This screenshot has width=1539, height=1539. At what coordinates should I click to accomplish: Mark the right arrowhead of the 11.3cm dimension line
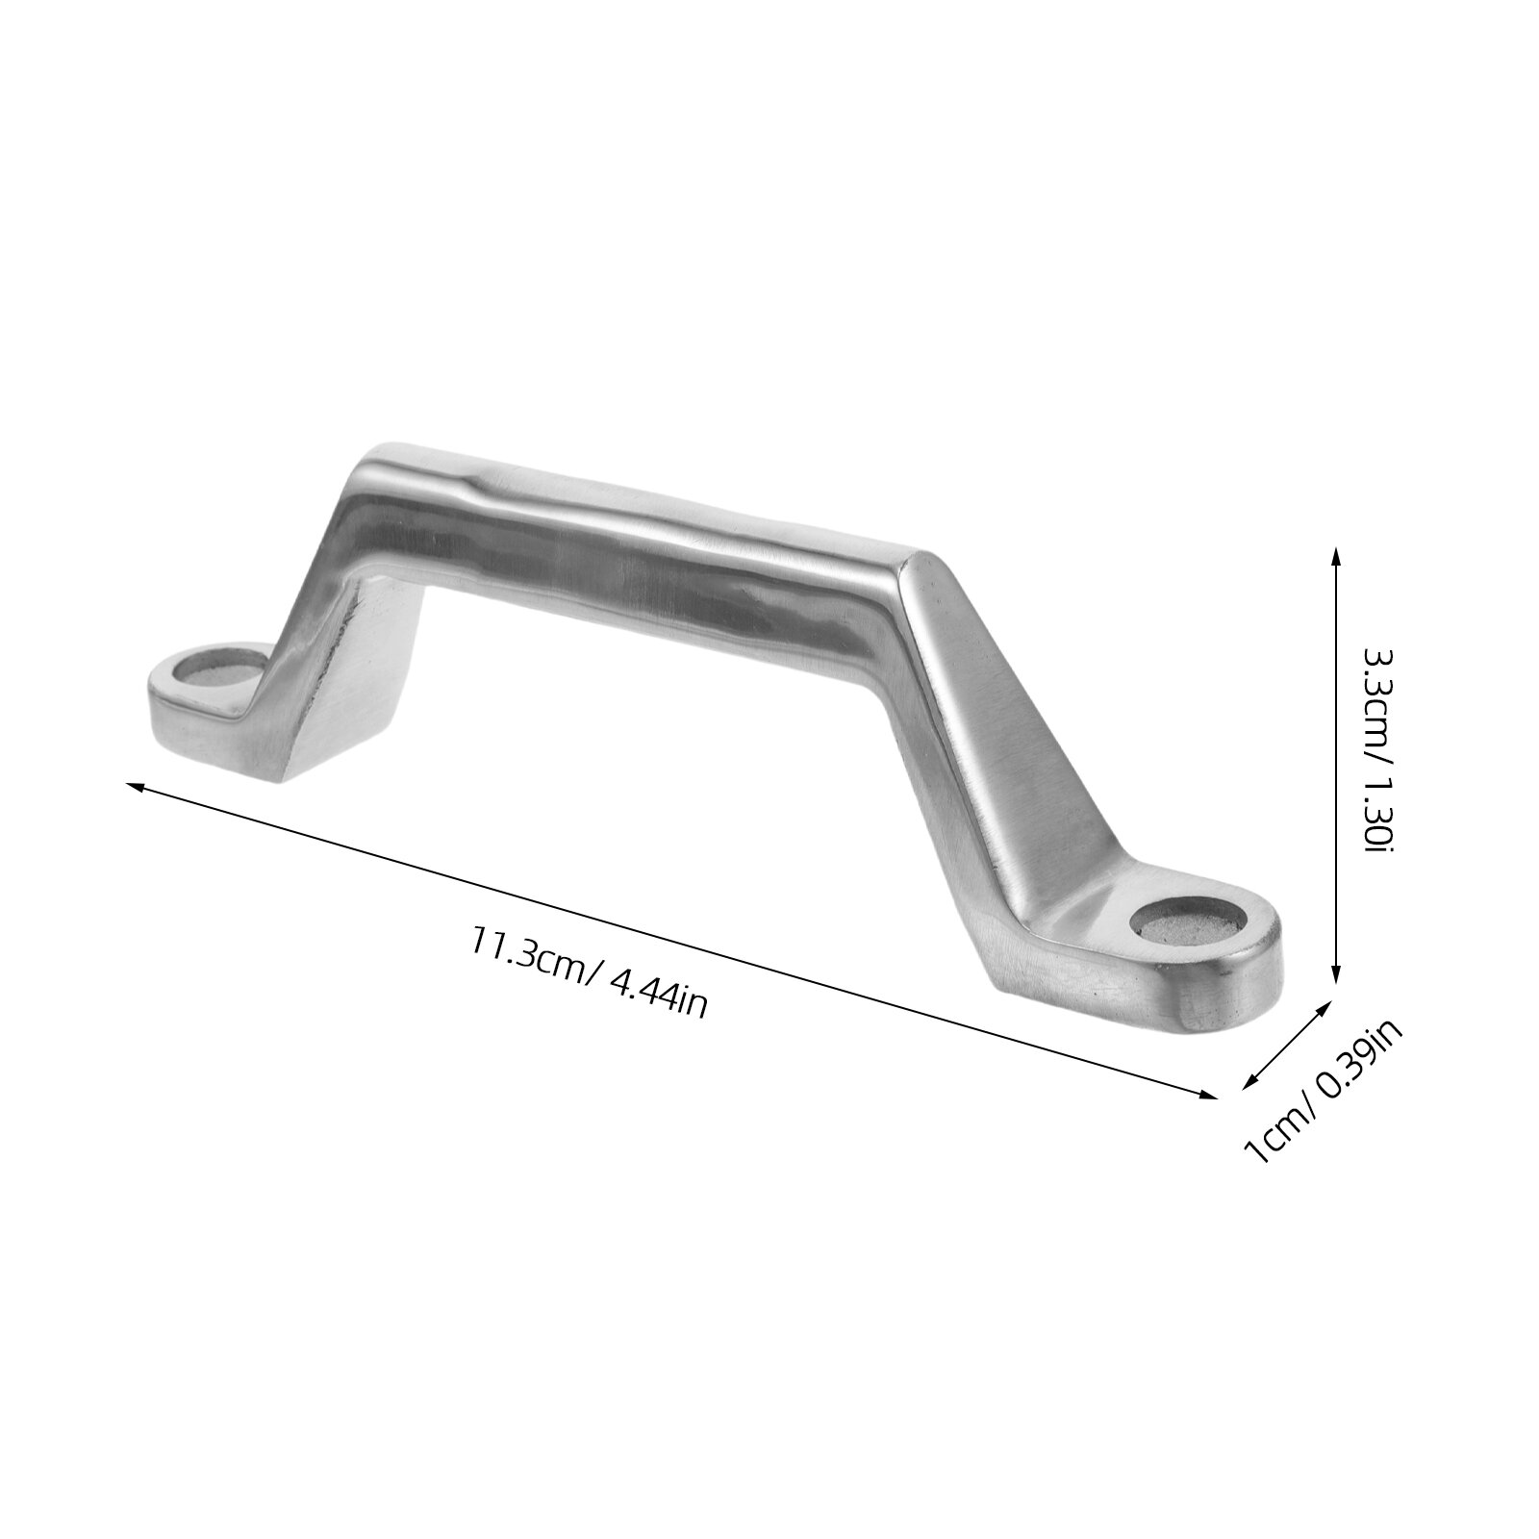pos(1208,1093)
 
